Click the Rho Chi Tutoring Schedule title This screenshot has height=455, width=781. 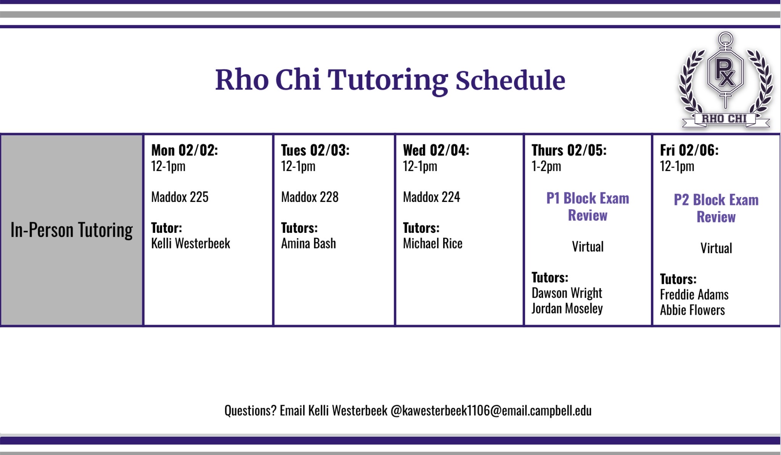[x=390, y=80]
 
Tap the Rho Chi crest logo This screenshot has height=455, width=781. [x=726, y=80]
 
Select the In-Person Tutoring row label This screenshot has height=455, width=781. [x=72, y=230]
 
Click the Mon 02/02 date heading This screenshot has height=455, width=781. [x=185, y=150]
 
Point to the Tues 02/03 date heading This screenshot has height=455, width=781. [x=315, y=150]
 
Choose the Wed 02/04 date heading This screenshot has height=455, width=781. [x=436, y=150]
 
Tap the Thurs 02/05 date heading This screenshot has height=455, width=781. [x=569, y=150]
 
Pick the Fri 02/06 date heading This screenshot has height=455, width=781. [x=689, y=150]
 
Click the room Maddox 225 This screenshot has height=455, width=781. [x=180, y=197]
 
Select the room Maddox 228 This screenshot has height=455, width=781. [x=310, y=197]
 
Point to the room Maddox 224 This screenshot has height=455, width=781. [x=431, y=197]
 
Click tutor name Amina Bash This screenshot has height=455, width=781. [x=309, y=244]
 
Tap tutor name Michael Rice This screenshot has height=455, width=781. [x=432, y=244]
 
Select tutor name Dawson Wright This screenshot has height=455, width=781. [x=567, y=293]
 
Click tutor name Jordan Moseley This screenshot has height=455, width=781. [x=567, y=309]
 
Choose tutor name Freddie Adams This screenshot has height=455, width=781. [x=694, y=295]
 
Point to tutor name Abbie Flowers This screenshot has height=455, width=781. [x=692, y=310]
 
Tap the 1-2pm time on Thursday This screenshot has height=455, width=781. [x=546, y=166]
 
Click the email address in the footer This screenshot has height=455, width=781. [x=491, y=410]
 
